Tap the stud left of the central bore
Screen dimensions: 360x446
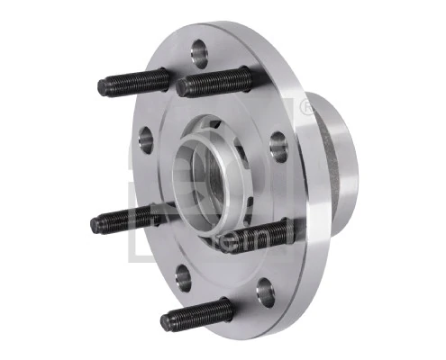126,220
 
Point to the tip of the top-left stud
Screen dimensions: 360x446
102,87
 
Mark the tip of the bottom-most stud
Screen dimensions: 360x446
166,320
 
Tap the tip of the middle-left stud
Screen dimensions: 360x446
96,225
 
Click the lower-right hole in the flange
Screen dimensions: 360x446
264,290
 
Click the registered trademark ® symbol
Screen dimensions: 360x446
307,108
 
